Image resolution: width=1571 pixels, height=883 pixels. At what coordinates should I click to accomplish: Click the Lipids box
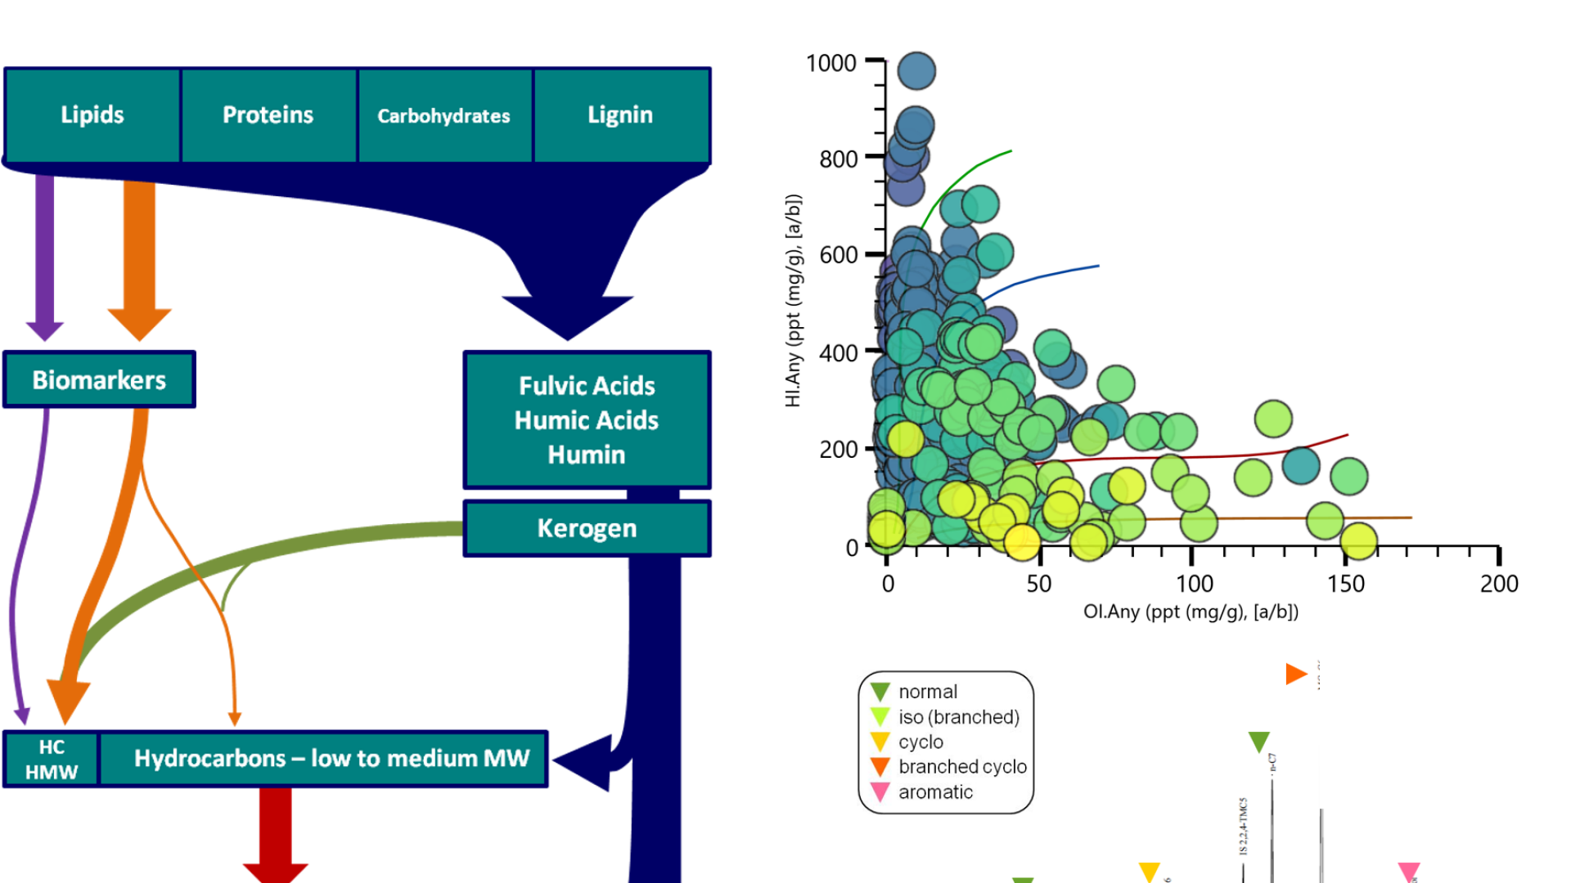click(92, 115)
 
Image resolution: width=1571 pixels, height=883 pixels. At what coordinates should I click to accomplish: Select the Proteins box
click(268, 115)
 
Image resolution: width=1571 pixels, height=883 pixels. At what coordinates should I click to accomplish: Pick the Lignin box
click(620, 115)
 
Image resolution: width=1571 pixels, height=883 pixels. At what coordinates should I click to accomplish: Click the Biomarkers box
click(99, 380)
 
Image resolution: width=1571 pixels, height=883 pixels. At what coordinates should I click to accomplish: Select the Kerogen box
click(587, 528)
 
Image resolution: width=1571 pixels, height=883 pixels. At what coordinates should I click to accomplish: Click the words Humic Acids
click(586, 420)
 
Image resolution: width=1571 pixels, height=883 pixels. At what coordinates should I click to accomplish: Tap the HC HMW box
click(51, 760)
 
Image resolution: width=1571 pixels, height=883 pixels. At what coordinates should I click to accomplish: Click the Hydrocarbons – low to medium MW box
click(331, 759)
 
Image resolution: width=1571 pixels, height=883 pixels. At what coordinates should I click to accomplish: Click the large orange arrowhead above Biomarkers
click(139, 323)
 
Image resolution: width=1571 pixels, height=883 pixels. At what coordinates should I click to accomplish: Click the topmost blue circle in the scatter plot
click(916, 71)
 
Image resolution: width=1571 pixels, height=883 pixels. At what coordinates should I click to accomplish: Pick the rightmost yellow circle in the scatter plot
click(1359, 541)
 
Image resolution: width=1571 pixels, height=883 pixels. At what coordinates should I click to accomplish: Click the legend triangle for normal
click(880, 692)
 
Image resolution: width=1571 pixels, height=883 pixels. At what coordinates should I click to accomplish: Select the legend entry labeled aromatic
click(934, 792)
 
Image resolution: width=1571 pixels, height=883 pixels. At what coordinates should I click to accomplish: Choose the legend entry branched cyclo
click(961, 767)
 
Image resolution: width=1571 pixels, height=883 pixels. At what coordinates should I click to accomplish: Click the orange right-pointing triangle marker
click(1295, 674)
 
